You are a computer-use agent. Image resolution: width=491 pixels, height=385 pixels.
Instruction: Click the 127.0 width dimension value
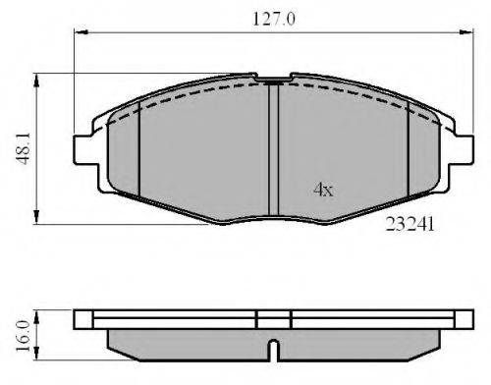pos(274,19)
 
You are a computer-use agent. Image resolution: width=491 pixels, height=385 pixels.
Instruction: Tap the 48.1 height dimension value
pos(24,148)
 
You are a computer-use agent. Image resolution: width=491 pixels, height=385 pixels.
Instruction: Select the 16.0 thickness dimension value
pos(23,336)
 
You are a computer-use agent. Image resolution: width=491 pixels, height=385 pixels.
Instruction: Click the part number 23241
pos(409,224)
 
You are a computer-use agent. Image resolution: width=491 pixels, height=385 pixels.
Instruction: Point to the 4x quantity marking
pos(323,190)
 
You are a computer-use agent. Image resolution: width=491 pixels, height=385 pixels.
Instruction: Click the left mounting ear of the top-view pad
pos(85,149)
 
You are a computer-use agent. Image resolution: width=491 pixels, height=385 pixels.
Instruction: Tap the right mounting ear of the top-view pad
pos(462,149)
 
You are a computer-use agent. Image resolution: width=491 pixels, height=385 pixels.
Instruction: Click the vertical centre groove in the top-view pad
pos(273,149)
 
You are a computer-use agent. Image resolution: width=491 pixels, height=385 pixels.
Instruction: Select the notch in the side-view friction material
pos(273,351)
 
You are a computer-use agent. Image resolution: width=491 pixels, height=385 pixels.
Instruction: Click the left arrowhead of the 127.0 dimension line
pos(81,32)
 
